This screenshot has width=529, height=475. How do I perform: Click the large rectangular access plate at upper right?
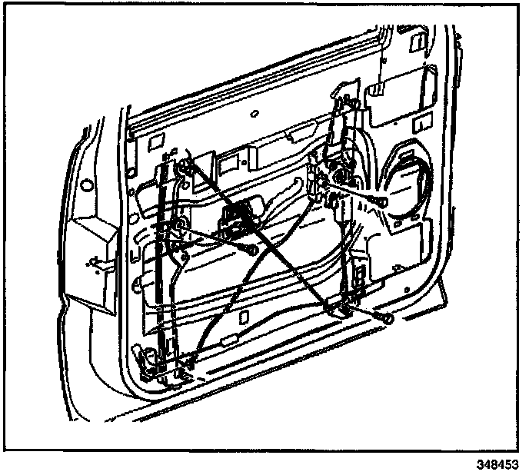click(x=400, y=96)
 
